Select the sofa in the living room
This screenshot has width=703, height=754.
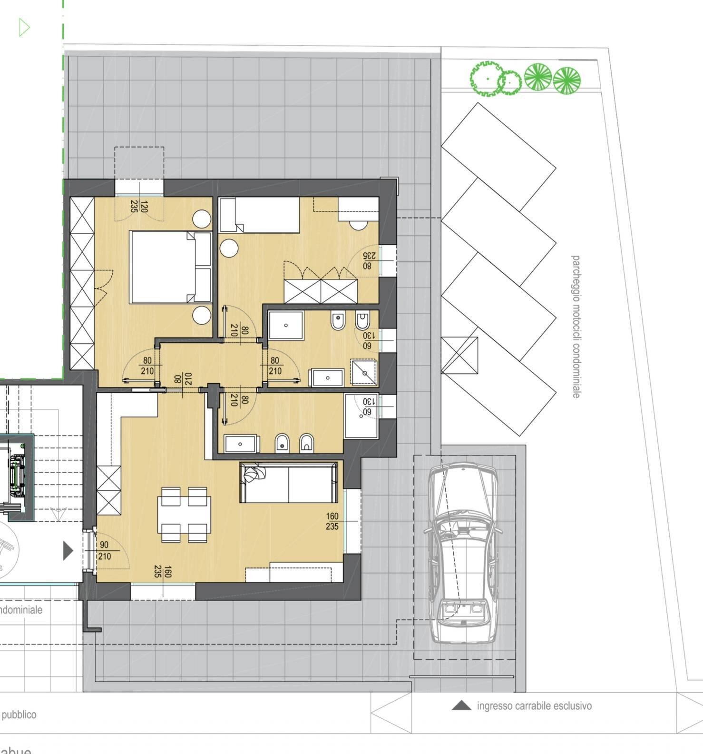(x=289, y=483)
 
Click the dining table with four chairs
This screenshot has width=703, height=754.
(x=184, y=515)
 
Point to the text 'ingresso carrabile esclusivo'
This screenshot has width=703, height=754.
(x=534, y=706)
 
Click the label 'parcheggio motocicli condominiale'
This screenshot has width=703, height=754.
(x=576, y=327)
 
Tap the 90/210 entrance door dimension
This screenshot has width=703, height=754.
(x=104, y=551)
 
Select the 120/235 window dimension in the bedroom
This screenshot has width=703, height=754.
(x=139, y=207)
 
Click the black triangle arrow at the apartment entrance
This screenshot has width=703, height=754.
(x=68, y=551)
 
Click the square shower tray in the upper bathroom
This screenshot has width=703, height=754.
(x=285, y=326)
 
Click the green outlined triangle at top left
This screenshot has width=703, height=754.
(x=24, y=27)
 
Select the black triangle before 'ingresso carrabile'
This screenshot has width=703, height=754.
(x=461, y=705)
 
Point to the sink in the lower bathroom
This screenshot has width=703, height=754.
(x=241, y=444)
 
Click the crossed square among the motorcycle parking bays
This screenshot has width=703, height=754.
(x=459, y=355)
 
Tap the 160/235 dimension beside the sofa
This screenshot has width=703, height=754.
(x=332, y=521)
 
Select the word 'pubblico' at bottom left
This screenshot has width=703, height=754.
(x=19, y=714)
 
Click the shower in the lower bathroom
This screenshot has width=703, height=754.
(x=361, y=416)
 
